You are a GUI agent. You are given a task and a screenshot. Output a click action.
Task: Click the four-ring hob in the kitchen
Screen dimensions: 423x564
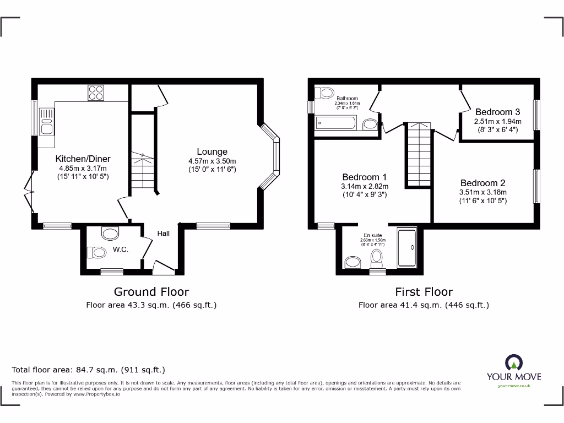click(x=96, y=93)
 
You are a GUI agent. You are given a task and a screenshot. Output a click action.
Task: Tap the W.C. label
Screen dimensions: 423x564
click(x=121, y=250)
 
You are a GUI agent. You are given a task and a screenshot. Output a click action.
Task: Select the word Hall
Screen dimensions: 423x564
click(x=163, y=233)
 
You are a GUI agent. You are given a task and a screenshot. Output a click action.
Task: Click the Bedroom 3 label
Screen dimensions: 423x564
click(x=497, y=112)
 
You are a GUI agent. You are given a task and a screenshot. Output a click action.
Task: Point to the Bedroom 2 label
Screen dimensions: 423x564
click(x=483, y=183)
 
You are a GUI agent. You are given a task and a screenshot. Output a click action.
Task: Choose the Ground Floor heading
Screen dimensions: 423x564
click(x=151, y=291)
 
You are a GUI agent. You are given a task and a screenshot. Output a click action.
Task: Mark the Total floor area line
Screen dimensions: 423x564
click(x=89, y=370)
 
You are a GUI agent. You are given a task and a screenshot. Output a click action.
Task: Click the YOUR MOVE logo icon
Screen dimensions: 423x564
click(x=513, y=363)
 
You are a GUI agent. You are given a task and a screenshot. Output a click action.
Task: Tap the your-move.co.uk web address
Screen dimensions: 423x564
click(x=513, y=386)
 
